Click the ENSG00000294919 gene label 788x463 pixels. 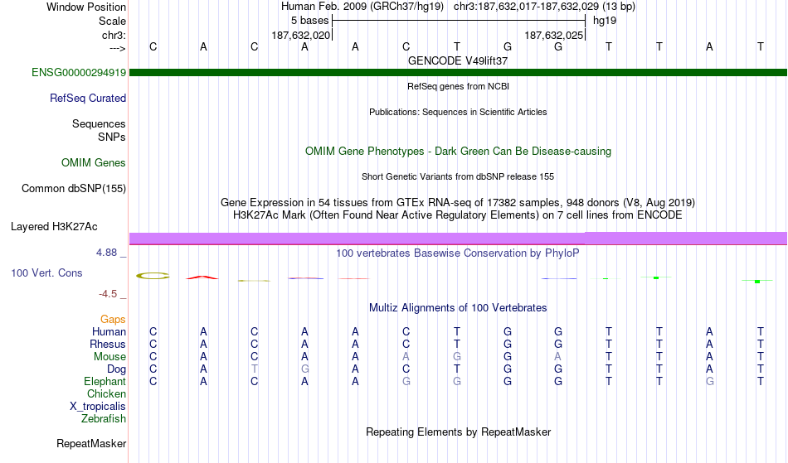coord(79,73)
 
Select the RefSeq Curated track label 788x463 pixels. coord(88,99)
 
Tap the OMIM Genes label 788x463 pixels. coord(94,163)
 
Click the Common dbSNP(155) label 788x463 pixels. coord(74,189)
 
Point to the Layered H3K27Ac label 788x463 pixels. coord(54,227)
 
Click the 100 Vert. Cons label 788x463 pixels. coord(46,272)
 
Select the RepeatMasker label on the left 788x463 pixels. coord(91,443)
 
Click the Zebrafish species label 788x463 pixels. coord(104,419)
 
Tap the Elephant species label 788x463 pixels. coord(105,382)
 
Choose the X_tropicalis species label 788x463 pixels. coord(98,407)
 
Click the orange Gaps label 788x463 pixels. coord(113,320)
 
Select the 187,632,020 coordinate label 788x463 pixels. coord(301,36)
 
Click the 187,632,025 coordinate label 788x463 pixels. coord(554,36)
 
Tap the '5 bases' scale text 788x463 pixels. coord(309,21)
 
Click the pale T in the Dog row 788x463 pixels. coord(255,369)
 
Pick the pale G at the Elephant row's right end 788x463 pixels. coord(709,382)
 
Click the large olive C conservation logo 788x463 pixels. coord(153,276)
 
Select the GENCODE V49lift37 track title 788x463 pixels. coord(458,61)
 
